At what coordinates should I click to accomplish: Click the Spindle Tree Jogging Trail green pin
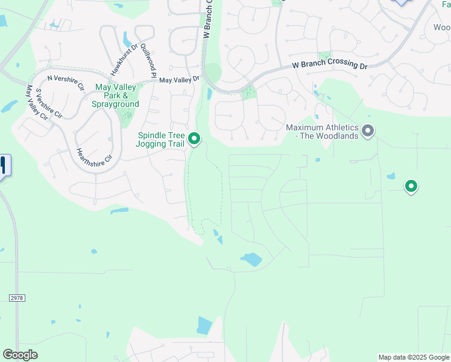pyautogui.click(x=194, y=139)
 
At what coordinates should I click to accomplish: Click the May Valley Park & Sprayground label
pyautogui.click(x=117, y=95)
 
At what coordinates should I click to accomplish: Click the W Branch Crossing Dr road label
pyautogui.click(x=329, y=65)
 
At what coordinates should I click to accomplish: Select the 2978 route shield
pyautogui.click(x=17, y=298)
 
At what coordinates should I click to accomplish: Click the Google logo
pyautogui.click(x=20, y=355)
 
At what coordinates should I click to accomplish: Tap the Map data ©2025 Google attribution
pyautogui.click(x=413, y=357)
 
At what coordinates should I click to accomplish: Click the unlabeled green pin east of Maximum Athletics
pyautogui.click(x=411, y=186)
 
